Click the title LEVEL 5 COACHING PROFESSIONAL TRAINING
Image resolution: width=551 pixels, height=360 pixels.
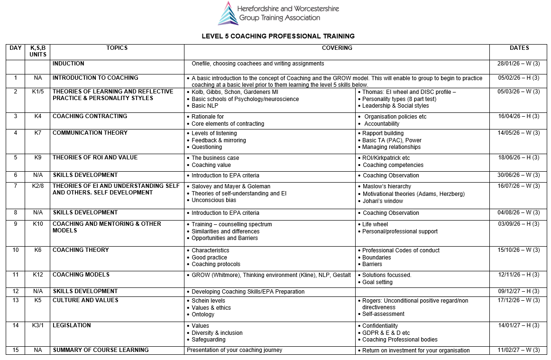point(278,36)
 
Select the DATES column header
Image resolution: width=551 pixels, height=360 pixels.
point(519,48)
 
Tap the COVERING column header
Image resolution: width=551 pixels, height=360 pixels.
point(337,48)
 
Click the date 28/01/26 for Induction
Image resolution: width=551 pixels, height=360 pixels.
point(518,64)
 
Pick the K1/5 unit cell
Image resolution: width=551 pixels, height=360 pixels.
point(38,92)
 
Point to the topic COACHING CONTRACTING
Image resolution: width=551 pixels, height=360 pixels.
point(90,116)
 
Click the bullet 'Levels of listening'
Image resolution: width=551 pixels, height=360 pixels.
point(214,133)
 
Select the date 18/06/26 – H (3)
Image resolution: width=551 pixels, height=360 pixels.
point(518,158)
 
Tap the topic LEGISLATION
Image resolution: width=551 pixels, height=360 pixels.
point(72,325)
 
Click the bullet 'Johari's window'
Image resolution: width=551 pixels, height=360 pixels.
point(383,201)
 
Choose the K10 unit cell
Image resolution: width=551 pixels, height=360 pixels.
point(38,224)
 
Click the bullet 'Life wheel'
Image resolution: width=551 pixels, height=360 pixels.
point(375,224)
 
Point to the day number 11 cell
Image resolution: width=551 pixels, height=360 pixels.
point(16,275)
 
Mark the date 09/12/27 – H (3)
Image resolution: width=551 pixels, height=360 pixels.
point(518,291)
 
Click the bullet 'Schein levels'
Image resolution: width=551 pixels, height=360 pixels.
point(208,301)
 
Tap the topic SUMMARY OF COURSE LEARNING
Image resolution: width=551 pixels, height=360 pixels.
point(101,350)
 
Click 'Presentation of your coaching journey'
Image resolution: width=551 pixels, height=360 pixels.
point(234,350)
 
